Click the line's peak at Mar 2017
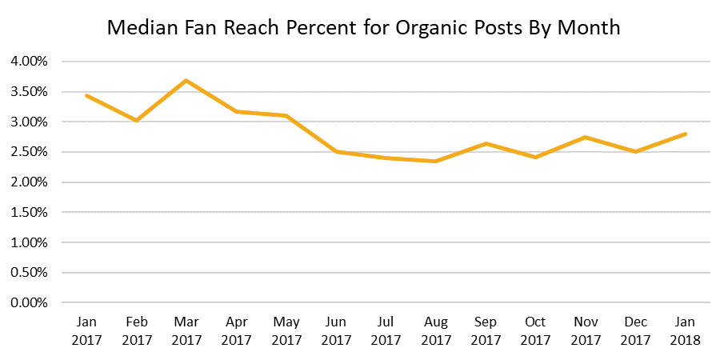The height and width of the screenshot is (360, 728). pyautogui.click(x=186, y=80)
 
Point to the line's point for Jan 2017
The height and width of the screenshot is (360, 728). pyautogui.click(x=86, y=95)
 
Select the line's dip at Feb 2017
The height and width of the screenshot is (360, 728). pyautogui.click(x=136, y=120)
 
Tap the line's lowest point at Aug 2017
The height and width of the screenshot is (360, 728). pyautogui.click(x=435, y=161)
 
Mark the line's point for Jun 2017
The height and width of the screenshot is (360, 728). pyautogui.click(x=336, y=151)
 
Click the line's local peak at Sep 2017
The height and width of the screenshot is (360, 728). pyautogui.click(x=486, y=143)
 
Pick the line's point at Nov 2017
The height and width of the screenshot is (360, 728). pyautogui.click(x=586, y=137)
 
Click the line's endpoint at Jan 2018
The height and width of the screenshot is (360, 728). pyautogui.click(x=686, y=134)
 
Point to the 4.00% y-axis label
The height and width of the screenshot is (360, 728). pyautogui.click(x=30, y=62)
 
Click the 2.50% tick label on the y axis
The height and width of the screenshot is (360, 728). pyautogui.click(x=30, y=152)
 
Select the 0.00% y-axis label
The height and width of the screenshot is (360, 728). pyautogui.click(x=30, y=303)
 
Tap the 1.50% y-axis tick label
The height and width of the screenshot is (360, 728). pyautogui.click(x=30, y=213)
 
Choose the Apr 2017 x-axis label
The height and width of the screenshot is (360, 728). pyautogui.click(x=236, y=330)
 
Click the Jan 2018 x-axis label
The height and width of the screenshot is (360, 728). pyautogui.click(x=686, y=330)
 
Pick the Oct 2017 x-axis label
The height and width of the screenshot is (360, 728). pyautogui.click(x=535, y=330)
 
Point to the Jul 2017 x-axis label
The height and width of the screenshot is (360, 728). pyautogui.click(x=386, y=330)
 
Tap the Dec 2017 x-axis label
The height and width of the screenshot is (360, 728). pyautogui.click(x=635, y=330)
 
